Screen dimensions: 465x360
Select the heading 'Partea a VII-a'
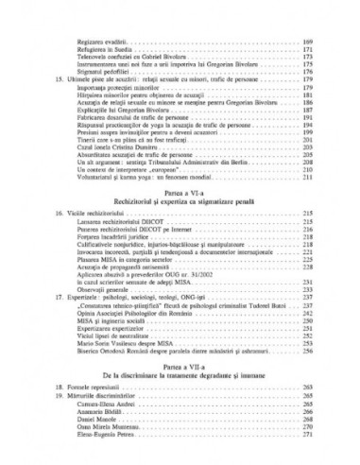tap(180, 365)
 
